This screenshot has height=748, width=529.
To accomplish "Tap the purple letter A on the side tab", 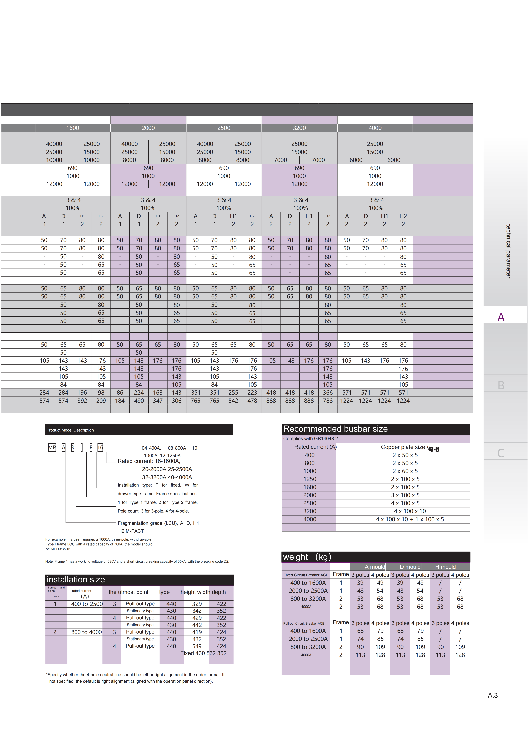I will (x=501, y=317).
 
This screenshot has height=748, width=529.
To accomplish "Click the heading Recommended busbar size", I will (x=335, y=429).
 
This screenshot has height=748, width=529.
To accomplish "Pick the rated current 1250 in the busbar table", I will (x=310, y=479).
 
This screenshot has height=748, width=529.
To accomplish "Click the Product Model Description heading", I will (x=70, y=430).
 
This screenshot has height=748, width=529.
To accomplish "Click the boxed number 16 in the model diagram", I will (x=100, y=448).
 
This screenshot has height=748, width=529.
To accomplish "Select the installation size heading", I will (x=76, y=579).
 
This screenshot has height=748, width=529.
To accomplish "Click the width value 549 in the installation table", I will (x=197, y=646).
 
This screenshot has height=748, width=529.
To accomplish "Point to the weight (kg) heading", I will (x=307, y=557).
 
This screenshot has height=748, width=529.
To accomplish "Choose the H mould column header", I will (x=445, y=567).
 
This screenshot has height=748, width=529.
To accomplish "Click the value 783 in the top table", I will (x=328, y=401).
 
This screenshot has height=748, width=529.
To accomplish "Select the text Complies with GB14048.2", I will (x=310, y=439).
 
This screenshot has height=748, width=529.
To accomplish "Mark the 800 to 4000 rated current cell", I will (x=86, y=632).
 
